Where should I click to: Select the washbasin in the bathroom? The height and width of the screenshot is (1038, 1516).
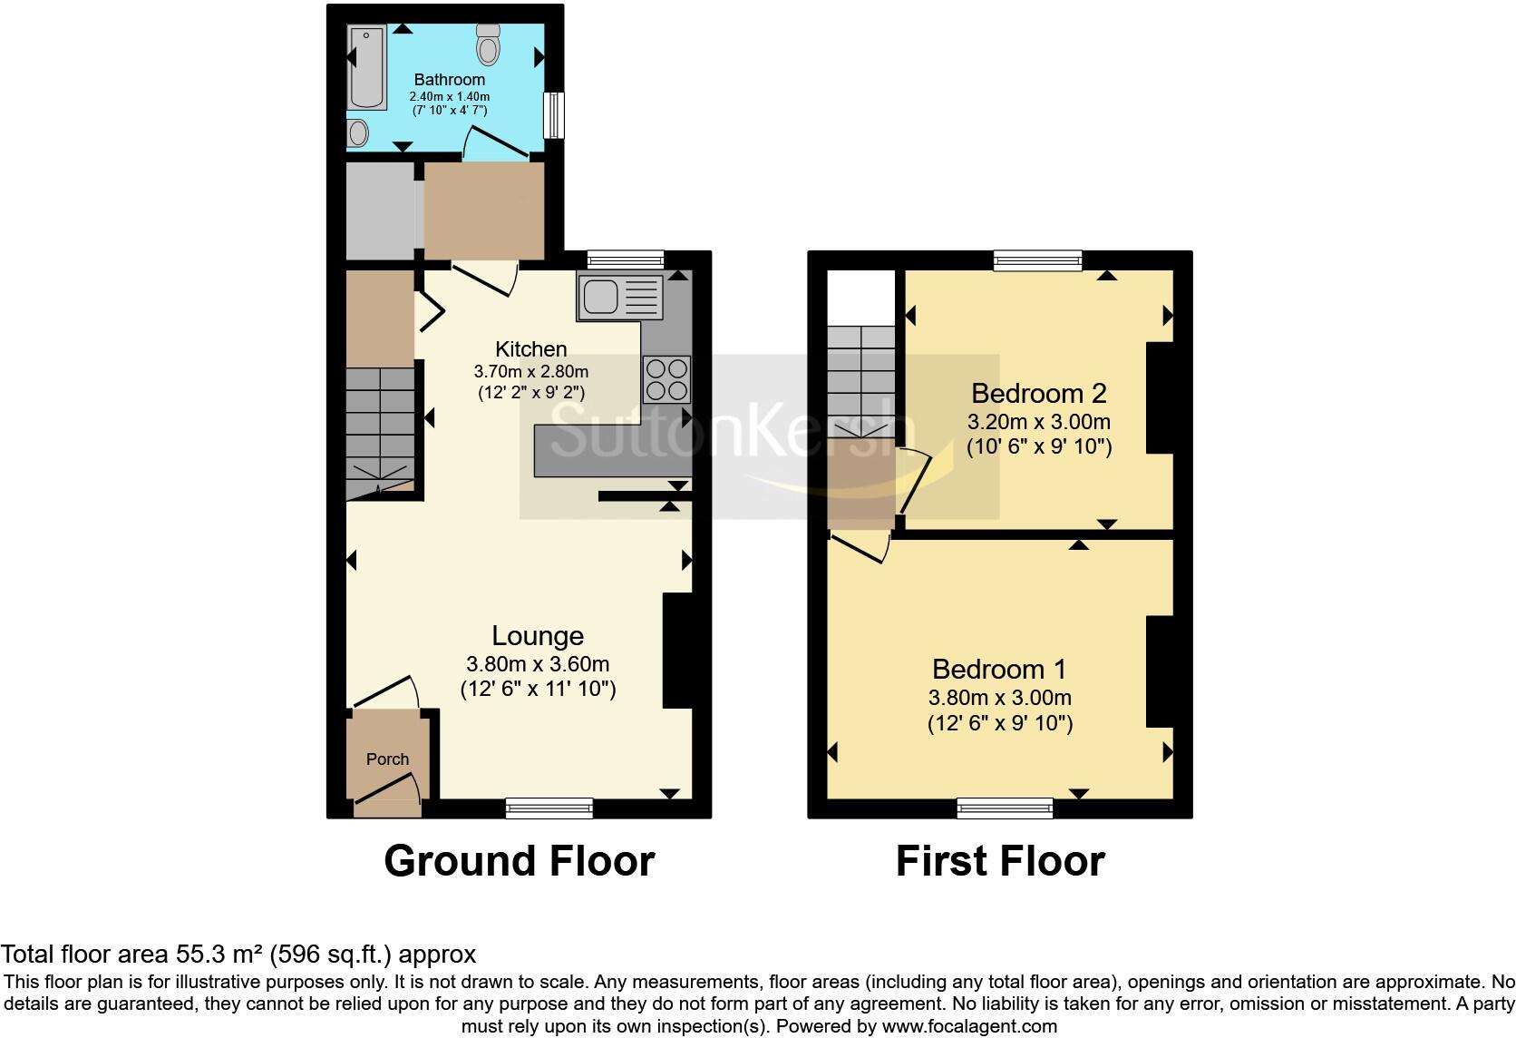point(358,134)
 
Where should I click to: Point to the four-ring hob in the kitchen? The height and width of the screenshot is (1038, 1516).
point(667,379)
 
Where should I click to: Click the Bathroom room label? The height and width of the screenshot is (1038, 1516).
point(449,80)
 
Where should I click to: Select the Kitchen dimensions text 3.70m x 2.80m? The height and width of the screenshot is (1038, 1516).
point(530,371)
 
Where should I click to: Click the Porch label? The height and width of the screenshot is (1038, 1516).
point(387,759)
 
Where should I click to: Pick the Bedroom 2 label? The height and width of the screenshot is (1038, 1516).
point(1038,393)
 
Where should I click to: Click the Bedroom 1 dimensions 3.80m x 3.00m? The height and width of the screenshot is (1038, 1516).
point(999,698)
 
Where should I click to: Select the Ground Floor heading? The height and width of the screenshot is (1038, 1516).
point(519,860)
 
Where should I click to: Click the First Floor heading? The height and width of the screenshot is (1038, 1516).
point(1000,860)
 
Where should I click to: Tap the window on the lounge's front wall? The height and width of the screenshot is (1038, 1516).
point(549,808)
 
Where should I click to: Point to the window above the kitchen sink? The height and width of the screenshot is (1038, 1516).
point(625,259)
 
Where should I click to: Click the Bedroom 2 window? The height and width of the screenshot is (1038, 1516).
point(1037,260)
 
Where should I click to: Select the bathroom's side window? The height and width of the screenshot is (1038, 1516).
point(552,115)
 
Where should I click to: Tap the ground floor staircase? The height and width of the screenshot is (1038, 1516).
point(379,426)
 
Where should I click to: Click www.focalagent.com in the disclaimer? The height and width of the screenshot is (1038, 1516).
point(968,1027)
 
